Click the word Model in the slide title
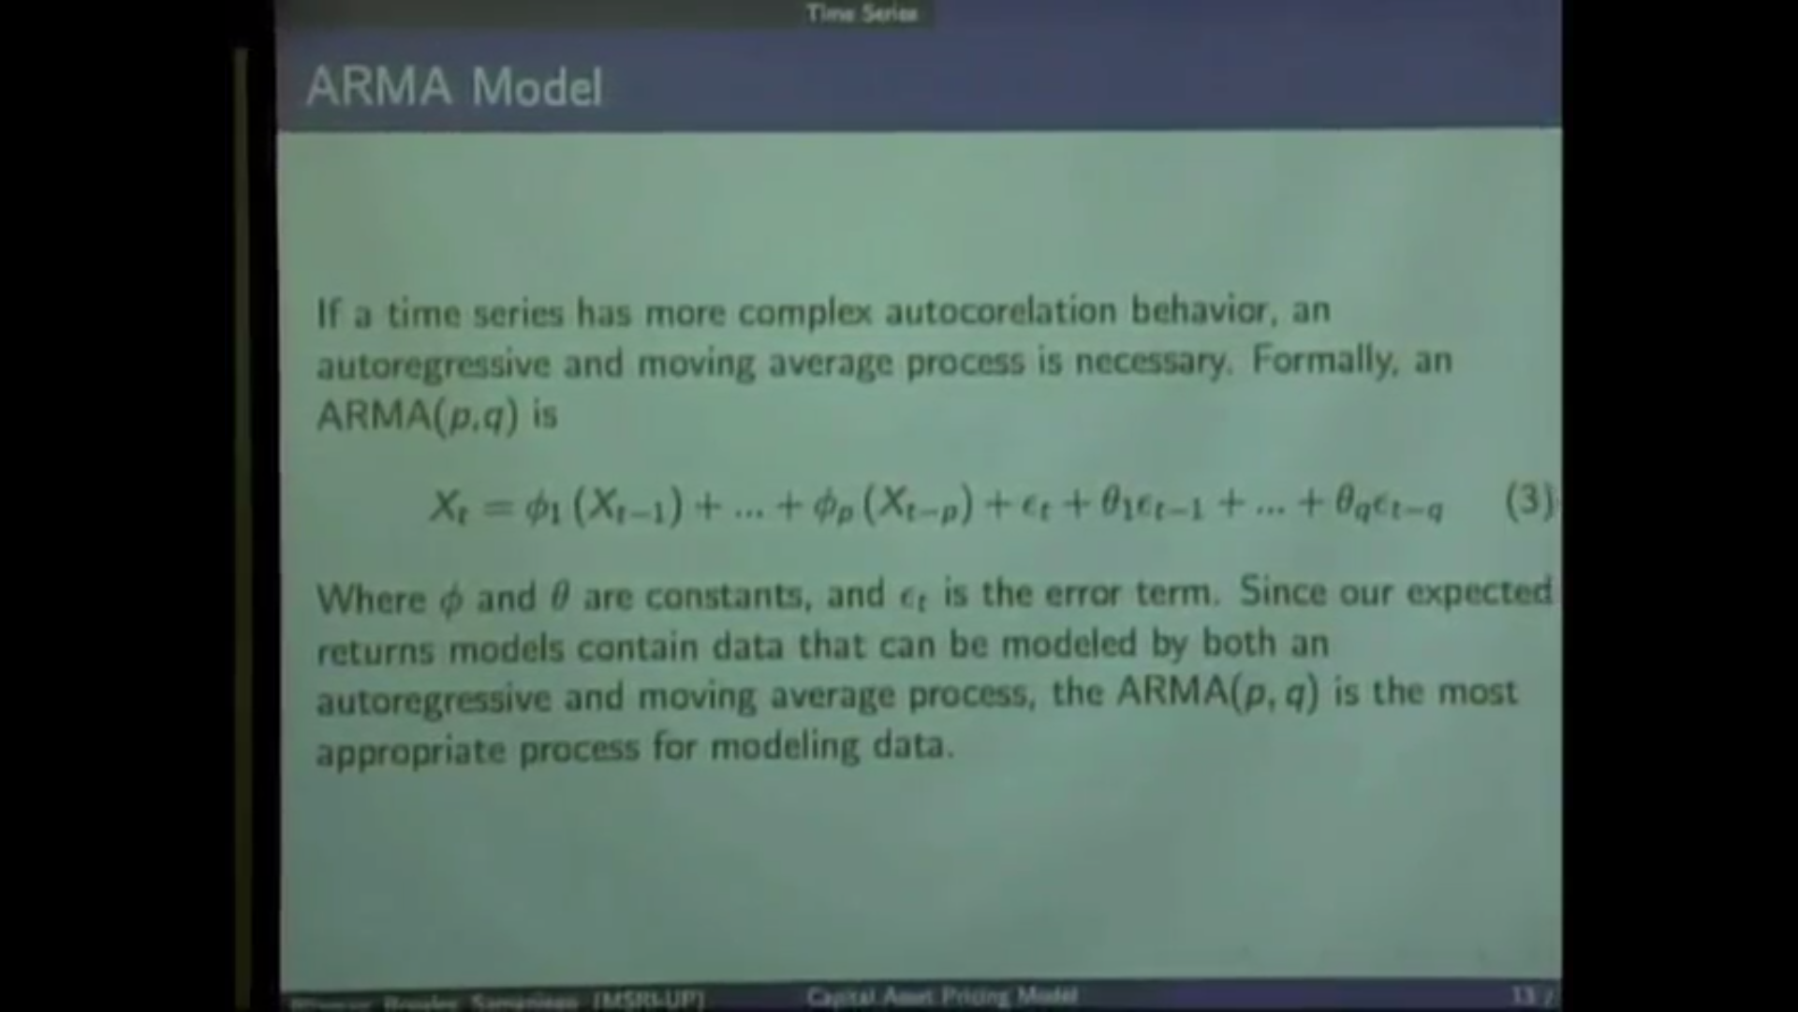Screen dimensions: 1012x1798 537,87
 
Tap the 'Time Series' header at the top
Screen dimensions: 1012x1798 862,13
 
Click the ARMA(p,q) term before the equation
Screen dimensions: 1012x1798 417,415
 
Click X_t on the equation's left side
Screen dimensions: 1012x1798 449,507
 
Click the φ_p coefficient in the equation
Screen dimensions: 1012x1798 830,507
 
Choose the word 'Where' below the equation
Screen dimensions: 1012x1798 371,598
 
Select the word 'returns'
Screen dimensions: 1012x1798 375,648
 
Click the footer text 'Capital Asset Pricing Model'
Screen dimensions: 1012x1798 941,995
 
